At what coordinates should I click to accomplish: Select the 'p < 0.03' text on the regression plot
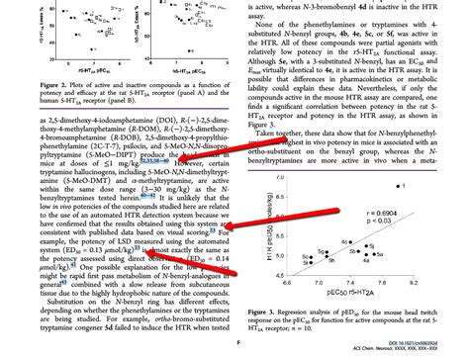[x=415, y=222]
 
